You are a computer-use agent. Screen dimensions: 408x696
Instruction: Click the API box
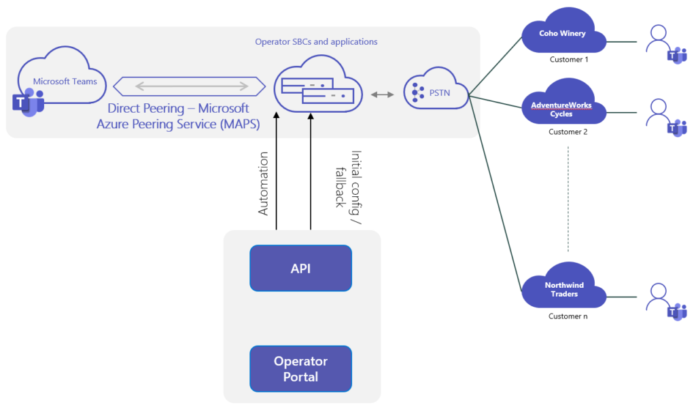(x=300, y=268)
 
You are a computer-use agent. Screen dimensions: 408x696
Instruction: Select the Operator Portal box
(x=300, y=369)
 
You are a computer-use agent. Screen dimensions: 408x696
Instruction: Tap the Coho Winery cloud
(x=563, y=34)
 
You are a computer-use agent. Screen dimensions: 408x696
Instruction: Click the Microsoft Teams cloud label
(x=65, y=81)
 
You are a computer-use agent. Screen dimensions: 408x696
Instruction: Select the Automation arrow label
(x=264, y=183)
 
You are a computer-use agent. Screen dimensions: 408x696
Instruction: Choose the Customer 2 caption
(x=568, y=132)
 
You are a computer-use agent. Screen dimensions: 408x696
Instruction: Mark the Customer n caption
(x=568, y=316)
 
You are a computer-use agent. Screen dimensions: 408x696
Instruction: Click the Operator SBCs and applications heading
(x=316, y=42)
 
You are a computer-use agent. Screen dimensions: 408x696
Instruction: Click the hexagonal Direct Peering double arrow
(x=190, y=86)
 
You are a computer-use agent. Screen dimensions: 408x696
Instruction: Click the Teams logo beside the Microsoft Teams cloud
(x=28, y=102)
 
